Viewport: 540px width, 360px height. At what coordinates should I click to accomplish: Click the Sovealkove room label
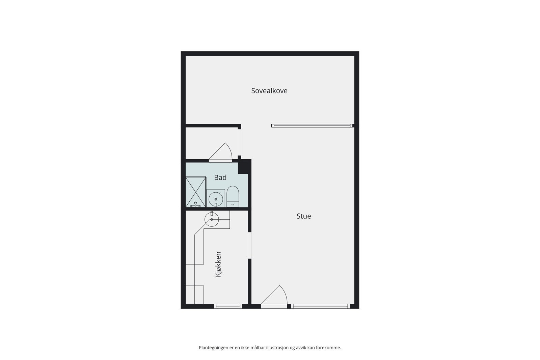point(269,91)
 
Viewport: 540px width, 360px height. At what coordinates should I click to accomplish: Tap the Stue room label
point(303,216)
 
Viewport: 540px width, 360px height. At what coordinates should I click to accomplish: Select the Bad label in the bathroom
point(220,177)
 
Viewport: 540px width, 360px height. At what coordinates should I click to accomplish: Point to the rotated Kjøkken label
point(218,264)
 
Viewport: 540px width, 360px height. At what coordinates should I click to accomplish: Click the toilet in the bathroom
point(233,197)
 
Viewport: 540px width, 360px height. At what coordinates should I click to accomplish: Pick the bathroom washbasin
point(216,199)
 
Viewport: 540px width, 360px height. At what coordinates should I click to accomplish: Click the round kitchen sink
point(212,220)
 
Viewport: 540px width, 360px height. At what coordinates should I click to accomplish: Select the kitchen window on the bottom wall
point(228,306)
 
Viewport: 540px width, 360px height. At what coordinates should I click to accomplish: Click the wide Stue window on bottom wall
point(320,306)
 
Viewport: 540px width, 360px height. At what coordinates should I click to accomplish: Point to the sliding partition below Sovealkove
point(312,126)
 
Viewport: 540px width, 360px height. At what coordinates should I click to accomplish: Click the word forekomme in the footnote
point(328,348)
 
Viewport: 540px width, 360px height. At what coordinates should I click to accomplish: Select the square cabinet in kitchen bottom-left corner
point(195,295)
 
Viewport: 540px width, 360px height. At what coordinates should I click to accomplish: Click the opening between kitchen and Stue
point(250,245)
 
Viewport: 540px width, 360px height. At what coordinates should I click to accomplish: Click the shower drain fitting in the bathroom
point(195,204)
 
